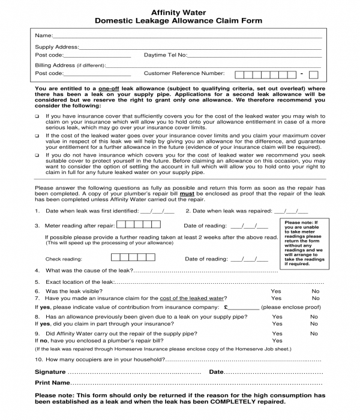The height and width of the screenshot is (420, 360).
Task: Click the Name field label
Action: pos(43,36)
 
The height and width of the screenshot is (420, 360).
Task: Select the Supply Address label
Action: pos(56,47)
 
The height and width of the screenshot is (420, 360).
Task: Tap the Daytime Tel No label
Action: pos(166,55)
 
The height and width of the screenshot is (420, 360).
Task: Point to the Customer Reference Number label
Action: pos(184,73)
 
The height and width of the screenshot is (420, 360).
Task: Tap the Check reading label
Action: pos(64,259)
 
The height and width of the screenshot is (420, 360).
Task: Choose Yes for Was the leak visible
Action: pos(276,291)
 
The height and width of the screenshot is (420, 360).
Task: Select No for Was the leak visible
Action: pos(316,291)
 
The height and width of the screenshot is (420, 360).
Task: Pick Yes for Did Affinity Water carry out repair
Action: pos(277,334)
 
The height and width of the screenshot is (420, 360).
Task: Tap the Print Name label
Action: pos(53,382)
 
